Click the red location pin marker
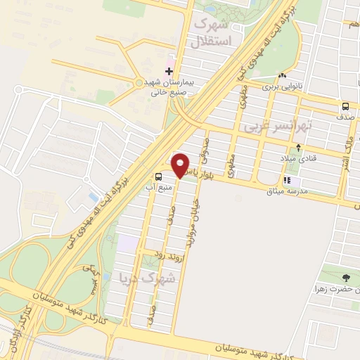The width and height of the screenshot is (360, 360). (x=181, y=165)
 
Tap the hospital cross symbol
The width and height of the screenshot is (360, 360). (x=169, y=72)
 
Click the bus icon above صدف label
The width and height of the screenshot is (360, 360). (x=345, y=107)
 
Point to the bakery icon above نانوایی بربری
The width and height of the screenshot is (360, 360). (x=282, y=76)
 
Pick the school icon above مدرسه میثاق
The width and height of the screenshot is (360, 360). (x=287, y=179)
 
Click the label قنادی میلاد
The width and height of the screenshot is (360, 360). (x=300, y=158)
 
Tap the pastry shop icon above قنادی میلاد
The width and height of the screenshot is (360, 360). (x=300, y=148)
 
